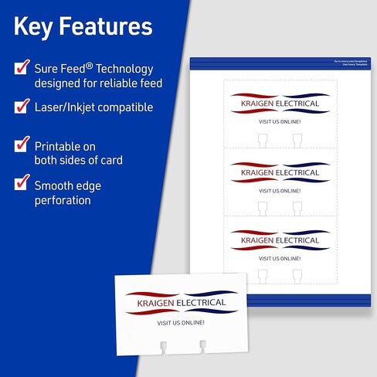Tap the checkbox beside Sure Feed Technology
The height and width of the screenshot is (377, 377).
point(22,68)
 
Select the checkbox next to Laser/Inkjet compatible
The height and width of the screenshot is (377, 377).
point(22,107)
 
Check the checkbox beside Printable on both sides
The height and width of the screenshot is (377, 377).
point(22,144)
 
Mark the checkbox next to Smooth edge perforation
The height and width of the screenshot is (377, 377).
point(22,184)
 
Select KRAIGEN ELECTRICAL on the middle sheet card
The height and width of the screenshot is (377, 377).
point(280,173)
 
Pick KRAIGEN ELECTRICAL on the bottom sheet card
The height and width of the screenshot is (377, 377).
point(280,240)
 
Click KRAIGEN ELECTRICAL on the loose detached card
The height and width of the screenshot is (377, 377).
point(181,302)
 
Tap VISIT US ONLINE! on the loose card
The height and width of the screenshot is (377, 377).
point(180,322)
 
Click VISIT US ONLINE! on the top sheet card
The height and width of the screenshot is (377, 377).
point(280,122)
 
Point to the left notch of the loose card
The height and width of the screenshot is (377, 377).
point(162,345)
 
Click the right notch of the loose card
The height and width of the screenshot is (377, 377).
point(203,345)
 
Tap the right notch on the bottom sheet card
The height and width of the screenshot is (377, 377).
point(297,275)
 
